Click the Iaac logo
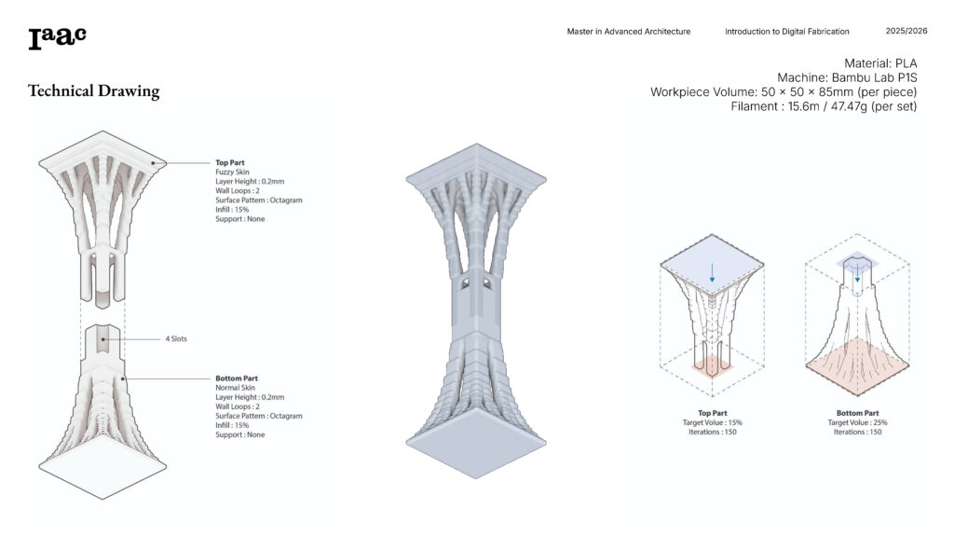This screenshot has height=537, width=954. [57, 37]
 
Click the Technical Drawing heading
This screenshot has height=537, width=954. [93, 91]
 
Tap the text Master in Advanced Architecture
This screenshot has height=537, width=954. [629, 32]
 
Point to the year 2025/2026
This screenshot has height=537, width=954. [906, 32]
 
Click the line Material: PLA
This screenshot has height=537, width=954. [880, 62]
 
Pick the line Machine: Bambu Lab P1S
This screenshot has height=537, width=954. [847, 77]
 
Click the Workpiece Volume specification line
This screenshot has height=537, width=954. [784, 92]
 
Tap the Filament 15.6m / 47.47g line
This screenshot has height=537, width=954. [824, 106]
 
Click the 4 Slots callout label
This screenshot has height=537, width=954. [175, 338]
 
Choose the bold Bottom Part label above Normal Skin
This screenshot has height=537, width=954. [238, 379]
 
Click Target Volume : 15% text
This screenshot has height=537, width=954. [712, 422]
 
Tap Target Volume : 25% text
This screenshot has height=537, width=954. [857, 422]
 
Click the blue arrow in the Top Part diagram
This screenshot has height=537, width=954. [712, 272]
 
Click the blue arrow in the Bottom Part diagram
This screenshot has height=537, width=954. [857, 271]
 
